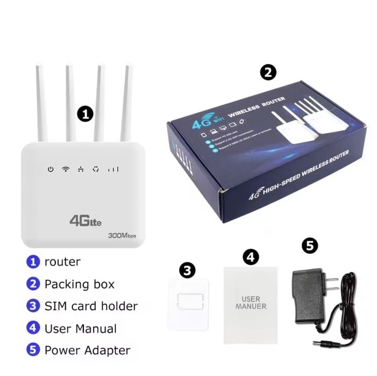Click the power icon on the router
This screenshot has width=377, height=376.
(51, 169)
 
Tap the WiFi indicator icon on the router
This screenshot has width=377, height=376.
(66, 169)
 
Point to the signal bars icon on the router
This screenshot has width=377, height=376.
(113, 169)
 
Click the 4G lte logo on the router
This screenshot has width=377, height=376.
(85, 220)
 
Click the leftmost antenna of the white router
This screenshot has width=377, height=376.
(40, 102)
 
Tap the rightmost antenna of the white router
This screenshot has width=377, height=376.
(127, 102)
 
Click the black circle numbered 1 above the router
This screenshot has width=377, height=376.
(85, 113)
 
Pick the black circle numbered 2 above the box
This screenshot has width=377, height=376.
(268, 73)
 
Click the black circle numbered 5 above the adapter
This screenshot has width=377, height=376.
(309, 247)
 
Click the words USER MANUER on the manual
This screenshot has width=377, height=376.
(251, 302)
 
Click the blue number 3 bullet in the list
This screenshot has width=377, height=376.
(33, 306)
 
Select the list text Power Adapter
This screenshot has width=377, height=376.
(87, 350)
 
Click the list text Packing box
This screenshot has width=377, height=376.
(79, 284)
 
